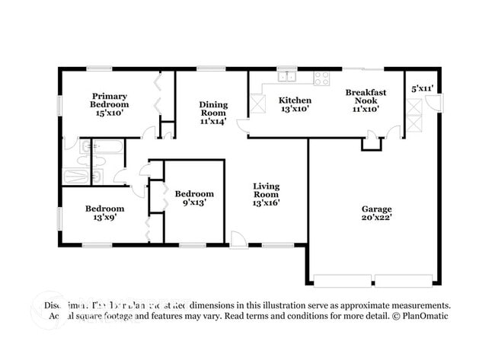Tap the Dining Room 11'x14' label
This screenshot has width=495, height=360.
click(213, 112)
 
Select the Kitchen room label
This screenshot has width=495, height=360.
click(294, 104)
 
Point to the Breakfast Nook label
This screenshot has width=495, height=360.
click(366, 100)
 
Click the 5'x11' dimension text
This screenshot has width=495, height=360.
click(422, 88)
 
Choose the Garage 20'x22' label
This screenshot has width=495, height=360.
click(376, 213)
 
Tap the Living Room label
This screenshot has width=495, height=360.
click(266, 194)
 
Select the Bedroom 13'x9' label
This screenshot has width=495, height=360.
click(104, 212)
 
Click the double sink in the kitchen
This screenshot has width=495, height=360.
click(287, 76)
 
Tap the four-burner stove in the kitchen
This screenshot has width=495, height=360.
click(321, 77)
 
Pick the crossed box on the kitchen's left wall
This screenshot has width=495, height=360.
click(257, 105)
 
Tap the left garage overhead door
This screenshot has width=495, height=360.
click(343, 279)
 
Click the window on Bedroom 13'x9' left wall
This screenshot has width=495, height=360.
click(60, 216)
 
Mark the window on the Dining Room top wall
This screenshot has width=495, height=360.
click(206, 69)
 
